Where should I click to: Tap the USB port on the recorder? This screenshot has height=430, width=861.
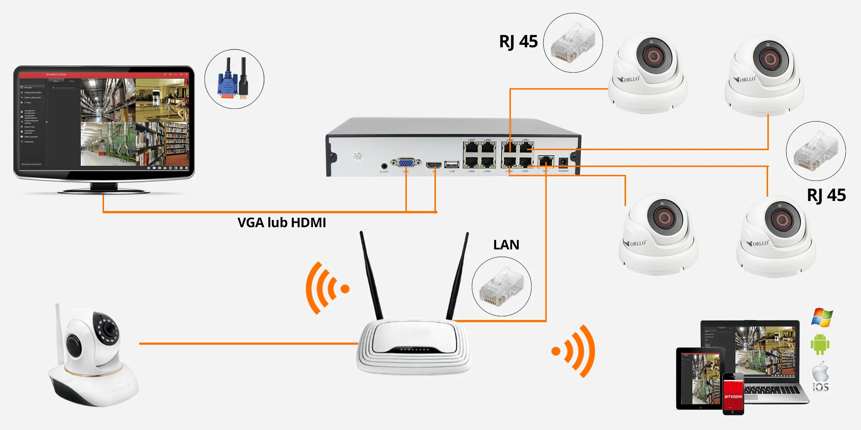click(x=452, y=164)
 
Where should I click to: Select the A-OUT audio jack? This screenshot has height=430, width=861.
click(x=384, y=166)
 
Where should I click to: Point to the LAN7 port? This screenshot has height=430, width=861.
click(x=471, y=148)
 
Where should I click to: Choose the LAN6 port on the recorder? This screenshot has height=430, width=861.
click(x=487, y=162)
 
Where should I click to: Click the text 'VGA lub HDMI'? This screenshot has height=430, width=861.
click(x=282, y=223)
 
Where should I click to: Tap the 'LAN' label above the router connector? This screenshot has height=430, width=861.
click(x=506, y=245)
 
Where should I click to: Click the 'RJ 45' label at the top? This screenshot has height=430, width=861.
click(x=518, y=42)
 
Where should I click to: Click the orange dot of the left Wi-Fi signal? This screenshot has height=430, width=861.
click(x=345, y=288)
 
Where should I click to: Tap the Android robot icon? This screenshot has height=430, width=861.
click(x=820, y=344)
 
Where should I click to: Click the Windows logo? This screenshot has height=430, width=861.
click(x=822, y=317)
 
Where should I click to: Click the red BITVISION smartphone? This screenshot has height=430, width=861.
click(x=733, y=394)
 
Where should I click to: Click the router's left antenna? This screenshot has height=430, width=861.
click(x=371, y=276)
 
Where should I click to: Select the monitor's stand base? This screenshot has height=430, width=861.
click(x=104, y=191)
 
